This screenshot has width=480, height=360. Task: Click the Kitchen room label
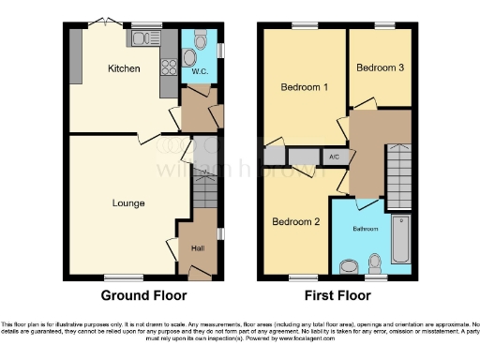124,68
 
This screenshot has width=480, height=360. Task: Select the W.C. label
199,71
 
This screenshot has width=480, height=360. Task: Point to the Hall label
199,248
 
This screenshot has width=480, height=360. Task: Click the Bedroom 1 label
305,87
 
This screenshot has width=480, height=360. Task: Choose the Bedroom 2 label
296,221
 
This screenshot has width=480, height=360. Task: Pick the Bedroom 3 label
380,67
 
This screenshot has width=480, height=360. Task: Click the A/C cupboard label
333,157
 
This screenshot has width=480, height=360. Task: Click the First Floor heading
337,295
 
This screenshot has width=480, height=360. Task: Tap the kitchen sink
143,38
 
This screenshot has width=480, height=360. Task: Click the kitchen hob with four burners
170,66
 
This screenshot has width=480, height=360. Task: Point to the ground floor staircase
206,192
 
